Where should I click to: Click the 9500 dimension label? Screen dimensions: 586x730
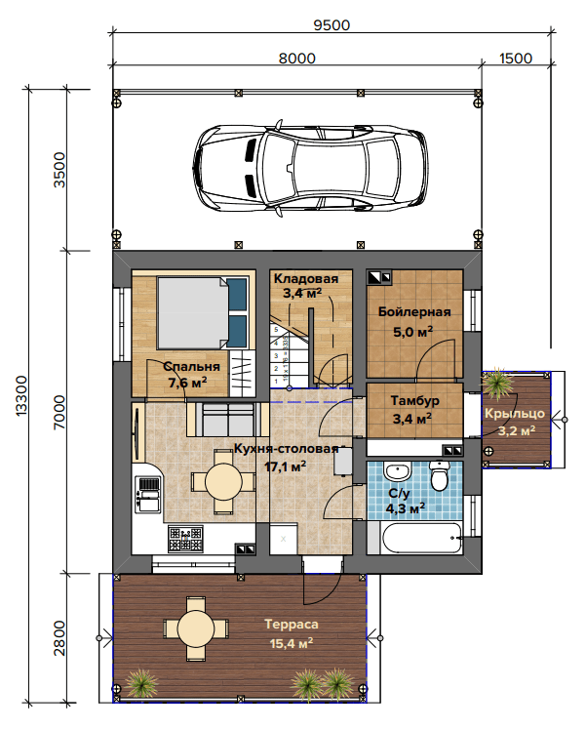332,25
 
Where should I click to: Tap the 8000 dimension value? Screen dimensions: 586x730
297,59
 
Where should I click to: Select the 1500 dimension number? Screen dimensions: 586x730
516,59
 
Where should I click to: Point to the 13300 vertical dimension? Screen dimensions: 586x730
21,395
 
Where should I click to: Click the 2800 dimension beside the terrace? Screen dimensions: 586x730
59,638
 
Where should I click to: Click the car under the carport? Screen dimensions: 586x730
310,168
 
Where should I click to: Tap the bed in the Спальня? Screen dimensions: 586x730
203,312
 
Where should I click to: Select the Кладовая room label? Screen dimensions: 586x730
305,278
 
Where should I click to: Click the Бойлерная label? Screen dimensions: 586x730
414,311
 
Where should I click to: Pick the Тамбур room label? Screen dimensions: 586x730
414,400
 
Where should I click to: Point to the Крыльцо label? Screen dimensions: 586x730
515,413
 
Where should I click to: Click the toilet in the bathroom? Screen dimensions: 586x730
439,476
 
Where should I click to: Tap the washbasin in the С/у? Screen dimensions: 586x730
397,471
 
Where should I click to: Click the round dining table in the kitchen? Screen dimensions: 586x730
223,482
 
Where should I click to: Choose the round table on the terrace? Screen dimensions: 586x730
196,629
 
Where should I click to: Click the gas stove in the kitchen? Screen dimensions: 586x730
185,539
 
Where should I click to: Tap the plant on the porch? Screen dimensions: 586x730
498,384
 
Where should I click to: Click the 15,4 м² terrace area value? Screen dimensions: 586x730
292,643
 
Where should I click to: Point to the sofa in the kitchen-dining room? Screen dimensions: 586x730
227,420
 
